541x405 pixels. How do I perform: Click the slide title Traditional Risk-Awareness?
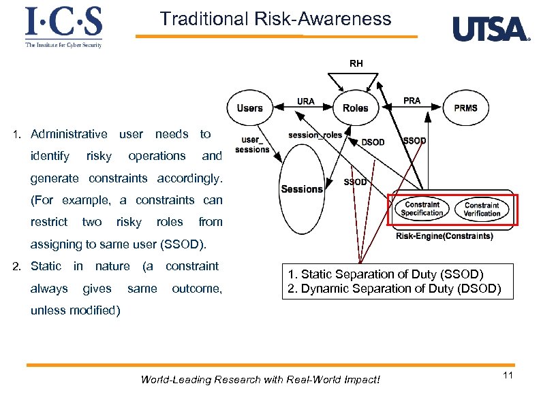[x=276, y=19]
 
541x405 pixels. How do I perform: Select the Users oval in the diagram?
[x=249, y=108]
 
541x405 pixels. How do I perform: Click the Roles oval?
[x=355, y=108]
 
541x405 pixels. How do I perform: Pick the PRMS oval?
[x=465, y=108]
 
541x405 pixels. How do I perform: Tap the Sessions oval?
[x=301, y=189]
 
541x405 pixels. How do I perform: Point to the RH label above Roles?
[x=356, y=63]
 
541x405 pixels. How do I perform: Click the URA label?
[x=306, y=101]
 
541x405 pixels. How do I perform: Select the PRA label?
[x=412, y=101]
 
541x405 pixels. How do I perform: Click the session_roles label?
[x=315, y=135]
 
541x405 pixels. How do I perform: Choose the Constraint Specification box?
[x=422, y=209]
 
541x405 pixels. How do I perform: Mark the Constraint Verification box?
[x=482, y=209]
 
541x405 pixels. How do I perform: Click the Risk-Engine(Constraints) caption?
[x=444, y=236]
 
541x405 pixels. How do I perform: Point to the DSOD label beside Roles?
[x=373, y=142]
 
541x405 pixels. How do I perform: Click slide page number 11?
[x=507, y=376]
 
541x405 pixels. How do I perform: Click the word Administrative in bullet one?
[x=69, y=134]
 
